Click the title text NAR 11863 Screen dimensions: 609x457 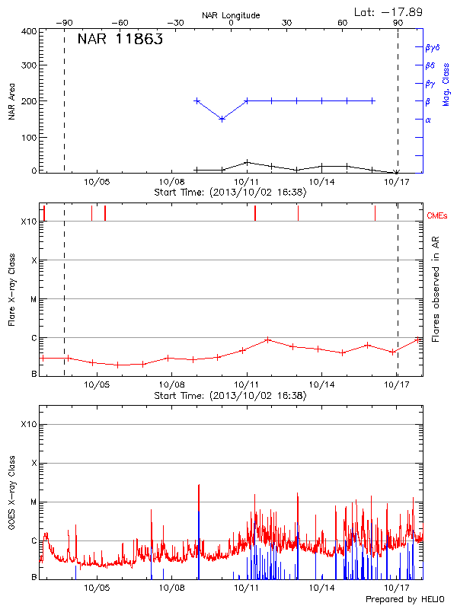(x=120, y=40)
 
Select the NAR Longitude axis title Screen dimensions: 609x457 (x=231, y=15)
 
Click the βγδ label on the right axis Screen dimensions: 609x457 (x=432, y=47)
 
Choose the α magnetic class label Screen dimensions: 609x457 (x=427, y=120)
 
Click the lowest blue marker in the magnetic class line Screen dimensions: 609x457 (x=222, y=119)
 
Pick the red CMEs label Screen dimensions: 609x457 (x=438, y=216)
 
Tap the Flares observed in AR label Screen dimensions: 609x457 (x=436, y=289)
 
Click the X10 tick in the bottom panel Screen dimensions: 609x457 (x=29, y=424)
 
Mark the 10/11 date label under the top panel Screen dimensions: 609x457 (x=246, y=182)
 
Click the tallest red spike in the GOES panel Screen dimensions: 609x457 (x=199, y=485)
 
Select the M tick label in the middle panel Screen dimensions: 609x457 (x=33, y=299)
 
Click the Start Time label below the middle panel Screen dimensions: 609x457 (x=230, y=396)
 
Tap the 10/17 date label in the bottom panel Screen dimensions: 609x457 (x=396, y=588)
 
